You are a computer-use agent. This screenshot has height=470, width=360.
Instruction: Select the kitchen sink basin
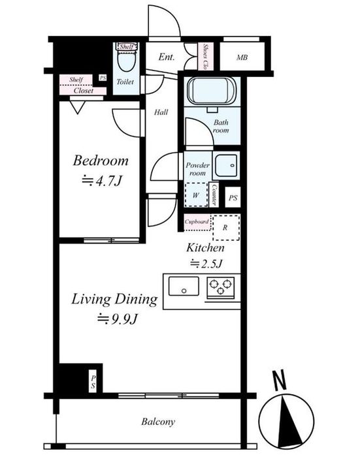[184, 287]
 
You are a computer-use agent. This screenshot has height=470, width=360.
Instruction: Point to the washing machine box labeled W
[196, 195]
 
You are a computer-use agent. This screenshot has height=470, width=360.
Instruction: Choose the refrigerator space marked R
[226, 228]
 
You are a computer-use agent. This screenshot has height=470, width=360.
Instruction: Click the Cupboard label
[197, 222]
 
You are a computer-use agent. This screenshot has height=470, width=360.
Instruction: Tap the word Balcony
[158, 422]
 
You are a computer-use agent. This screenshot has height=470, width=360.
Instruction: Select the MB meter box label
[242, 57]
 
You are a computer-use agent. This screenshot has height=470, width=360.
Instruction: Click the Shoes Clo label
[206, 57]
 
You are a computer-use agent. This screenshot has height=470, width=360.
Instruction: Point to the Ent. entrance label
[167, 57]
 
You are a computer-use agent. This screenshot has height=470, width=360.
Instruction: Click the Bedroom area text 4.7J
[103, 181]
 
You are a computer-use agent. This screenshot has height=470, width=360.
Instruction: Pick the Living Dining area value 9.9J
[118, 319]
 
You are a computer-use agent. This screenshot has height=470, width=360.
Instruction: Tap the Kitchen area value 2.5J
[206, 264]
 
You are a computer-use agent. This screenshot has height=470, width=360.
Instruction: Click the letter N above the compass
[280, 380]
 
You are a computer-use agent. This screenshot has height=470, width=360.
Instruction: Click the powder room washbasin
[226, 165]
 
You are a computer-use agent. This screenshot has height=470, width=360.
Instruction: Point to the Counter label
[214, 195]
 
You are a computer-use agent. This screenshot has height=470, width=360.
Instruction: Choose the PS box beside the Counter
[233, 198]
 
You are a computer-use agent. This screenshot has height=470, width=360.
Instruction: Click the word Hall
[161, 112]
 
